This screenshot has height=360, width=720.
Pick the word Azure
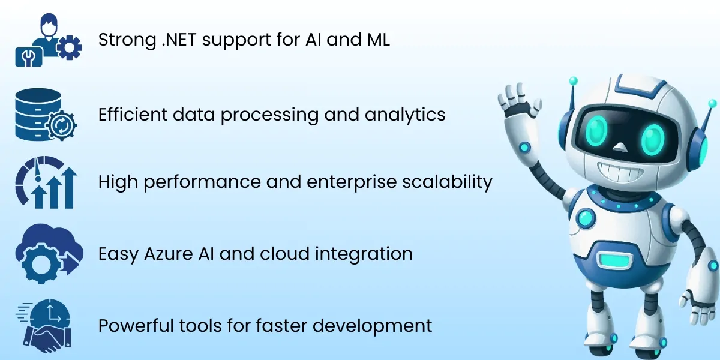tap(166, 253)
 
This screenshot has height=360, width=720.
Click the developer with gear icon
tap(48, 41)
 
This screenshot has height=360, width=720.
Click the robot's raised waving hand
tap(517, 99)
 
